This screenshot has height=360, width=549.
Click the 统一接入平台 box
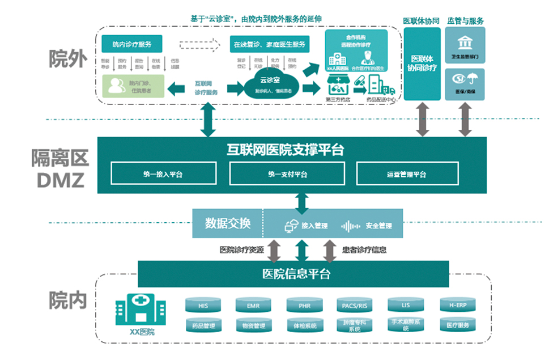[164, 173]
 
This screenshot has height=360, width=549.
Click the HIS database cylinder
[203, 306]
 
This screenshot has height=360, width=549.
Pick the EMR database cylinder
[253, 306]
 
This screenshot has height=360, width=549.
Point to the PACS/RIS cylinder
[355, 306]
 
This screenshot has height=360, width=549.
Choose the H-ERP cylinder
[457, 306]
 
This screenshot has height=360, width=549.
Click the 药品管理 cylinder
[203, 325]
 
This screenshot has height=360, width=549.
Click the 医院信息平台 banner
[293, 274]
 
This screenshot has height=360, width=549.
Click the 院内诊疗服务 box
[131, 44]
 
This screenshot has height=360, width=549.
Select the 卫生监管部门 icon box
[465, 47]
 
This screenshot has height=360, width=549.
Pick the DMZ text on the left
[61, 180]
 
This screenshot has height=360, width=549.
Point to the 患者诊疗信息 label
[364, 249]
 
